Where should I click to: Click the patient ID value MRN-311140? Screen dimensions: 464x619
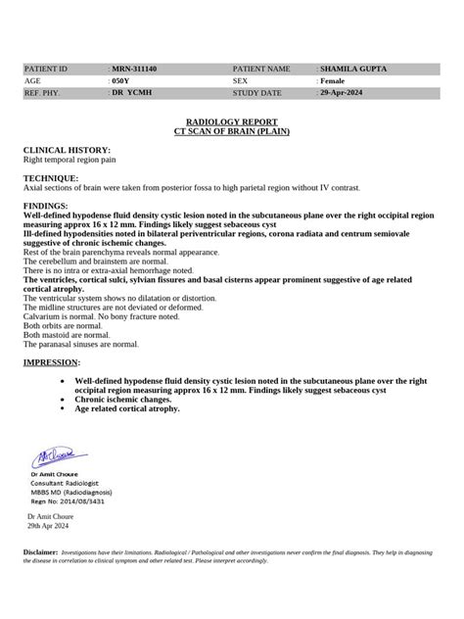click(138, 70)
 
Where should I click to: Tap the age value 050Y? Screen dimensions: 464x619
click(121, 81)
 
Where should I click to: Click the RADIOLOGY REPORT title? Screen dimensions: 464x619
click(231, 120)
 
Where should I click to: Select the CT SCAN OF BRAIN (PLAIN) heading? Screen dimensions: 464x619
click(231, 129)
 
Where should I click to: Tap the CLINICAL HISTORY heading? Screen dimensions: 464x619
click(59, 150)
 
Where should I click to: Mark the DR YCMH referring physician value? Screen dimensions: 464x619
click(130, 93)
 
